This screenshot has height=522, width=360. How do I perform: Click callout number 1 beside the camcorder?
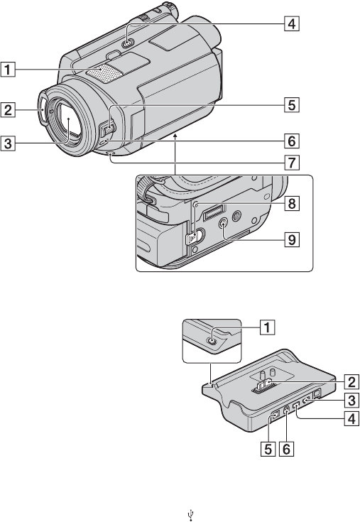tap(8, 70)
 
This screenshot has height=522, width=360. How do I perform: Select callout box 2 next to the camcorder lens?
tap(8, 110)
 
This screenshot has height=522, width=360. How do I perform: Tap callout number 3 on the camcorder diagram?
tap(8, 143)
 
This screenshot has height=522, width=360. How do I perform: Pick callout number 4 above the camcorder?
tap(291, 23)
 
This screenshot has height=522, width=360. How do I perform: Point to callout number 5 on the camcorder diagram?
tap(291, 104)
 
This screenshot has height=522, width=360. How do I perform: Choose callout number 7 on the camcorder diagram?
tap(291, 163)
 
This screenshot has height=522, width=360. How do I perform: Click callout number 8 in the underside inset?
tap(291, 203)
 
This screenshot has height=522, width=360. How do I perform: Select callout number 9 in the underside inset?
tap(291, 239)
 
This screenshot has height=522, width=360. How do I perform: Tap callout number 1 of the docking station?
tap(267, 327)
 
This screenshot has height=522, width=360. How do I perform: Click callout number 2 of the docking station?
tap(351, 381)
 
